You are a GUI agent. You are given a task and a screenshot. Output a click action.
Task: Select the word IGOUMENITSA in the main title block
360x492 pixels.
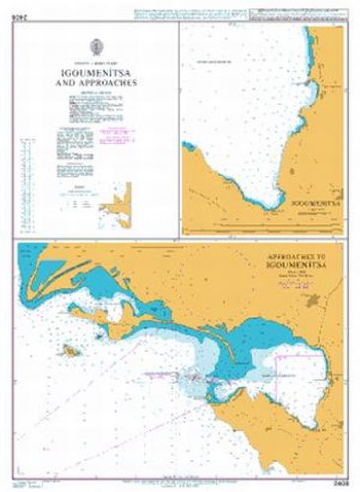(x=97, y=73)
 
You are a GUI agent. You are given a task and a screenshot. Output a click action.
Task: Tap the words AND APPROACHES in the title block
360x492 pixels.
(x=97, y=84)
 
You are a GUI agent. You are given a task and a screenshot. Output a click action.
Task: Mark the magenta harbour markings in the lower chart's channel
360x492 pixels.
(x=187, y=375)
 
